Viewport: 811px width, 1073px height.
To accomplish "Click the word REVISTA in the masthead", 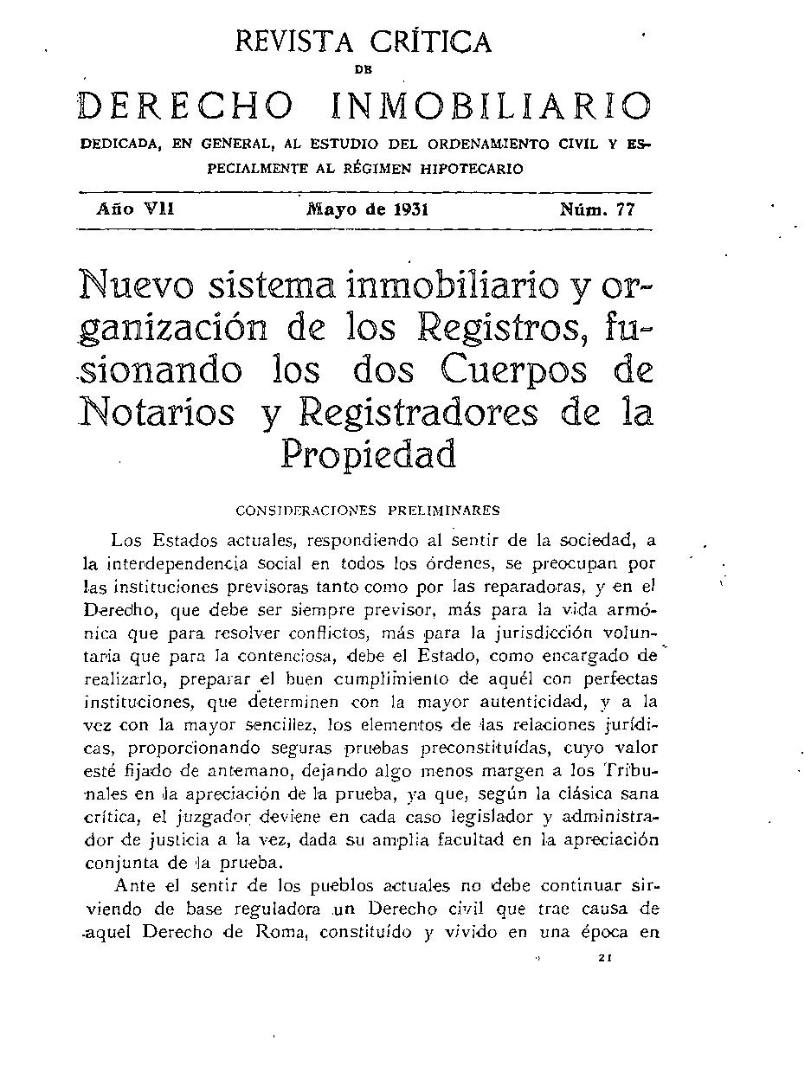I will point(290,42).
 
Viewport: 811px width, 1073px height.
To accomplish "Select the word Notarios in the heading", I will point(158,412).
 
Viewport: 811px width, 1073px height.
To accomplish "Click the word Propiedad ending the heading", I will point(368,454).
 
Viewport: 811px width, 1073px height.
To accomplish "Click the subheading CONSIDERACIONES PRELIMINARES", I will point(367,511).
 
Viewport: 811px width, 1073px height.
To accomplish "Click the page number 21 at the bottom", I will point(605,958).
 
